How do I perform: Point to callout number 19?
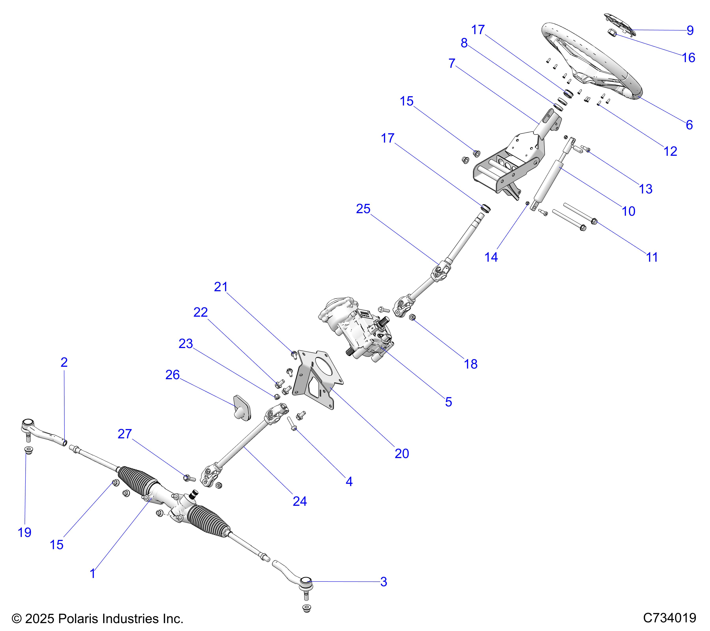[x=24, y=532]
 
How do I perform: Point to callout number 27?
[x=124, y=434]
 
